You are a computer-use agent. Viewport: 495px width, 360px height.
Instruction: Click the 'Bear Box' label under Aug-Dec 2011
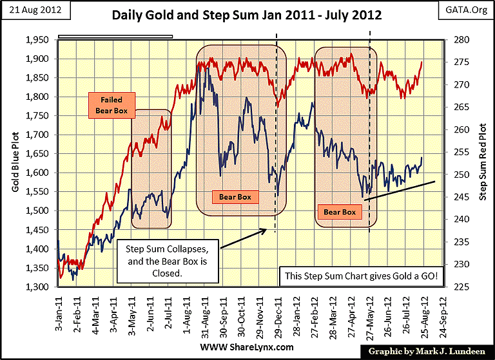pos(233,196)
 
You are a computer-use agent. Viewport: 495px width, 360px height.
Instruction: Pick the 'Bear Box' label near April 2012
pos(340,211)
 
